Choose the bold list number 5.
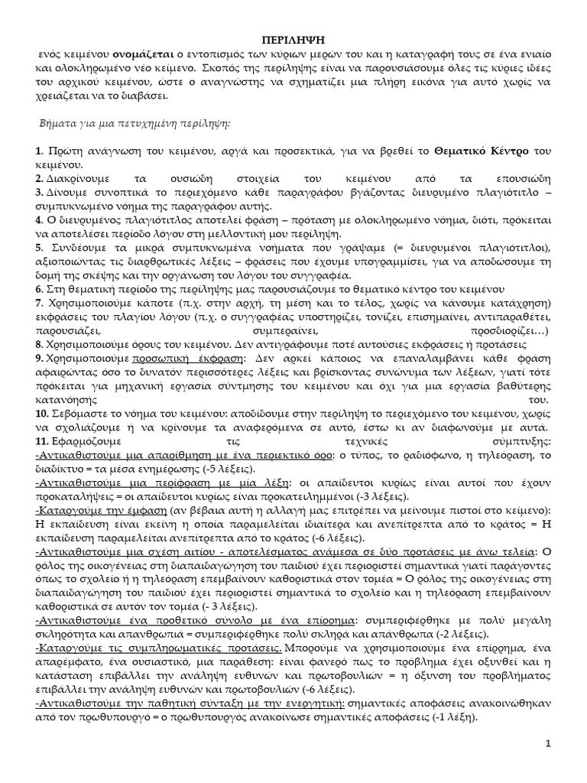coord(38,248)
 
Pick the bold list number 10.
coord(41,413)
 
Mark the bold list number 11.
coord(41,441)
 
